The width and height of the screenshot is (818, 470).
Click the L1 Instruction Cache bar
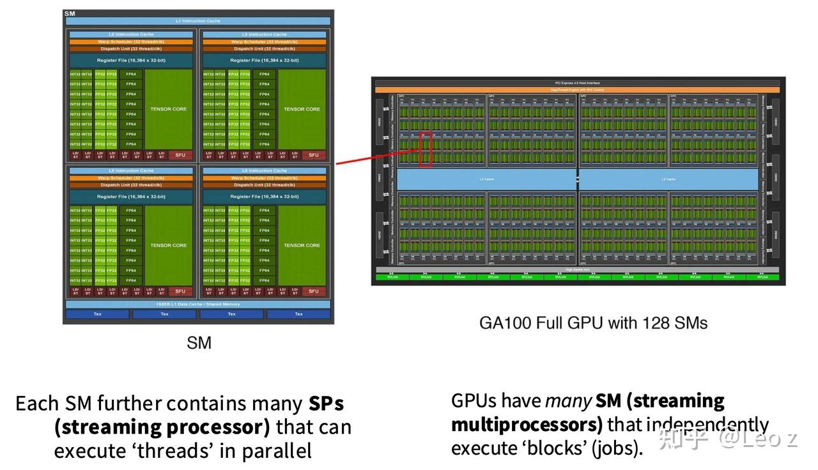coord(198,21)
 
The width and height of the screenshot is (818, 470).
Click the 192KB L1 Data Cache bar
coord(198,305)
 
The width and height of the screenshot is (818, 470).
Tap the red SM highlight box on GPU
coord(426,149)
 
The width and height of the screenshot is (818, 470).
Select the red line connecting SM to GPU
coord(377,158)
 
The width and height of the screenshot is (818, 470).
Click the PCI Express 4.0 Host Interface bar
coord(578,83)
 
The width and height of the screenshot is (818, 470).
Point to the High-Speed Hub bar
coord(578,269)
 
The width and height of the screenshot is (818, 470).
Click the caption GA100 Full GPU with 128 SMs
coord(593,322)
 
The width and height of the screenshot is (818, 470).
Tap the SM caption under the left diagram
coord(199,343)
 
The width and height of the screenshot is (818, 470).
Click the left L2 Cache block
coord(487,179)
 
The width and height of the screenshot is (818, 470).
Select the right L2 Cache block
coord(668,179)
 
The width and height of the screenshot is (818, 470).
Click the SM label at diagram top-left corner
coord(70,13)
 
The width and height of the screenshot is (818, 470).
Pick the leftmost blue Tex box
coord(98,314)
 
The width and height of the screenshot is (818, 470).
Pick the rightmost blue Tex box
coord(298,314)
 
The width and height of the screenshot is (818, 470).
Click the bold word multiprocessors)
coord(527,425)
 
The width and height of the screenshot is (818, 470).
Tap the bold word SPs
coord(326,404)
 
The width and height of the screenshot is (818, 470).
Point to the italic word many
coord(568,401)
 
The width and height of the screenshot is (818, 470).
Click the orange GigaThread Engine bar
coord(578,90)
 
